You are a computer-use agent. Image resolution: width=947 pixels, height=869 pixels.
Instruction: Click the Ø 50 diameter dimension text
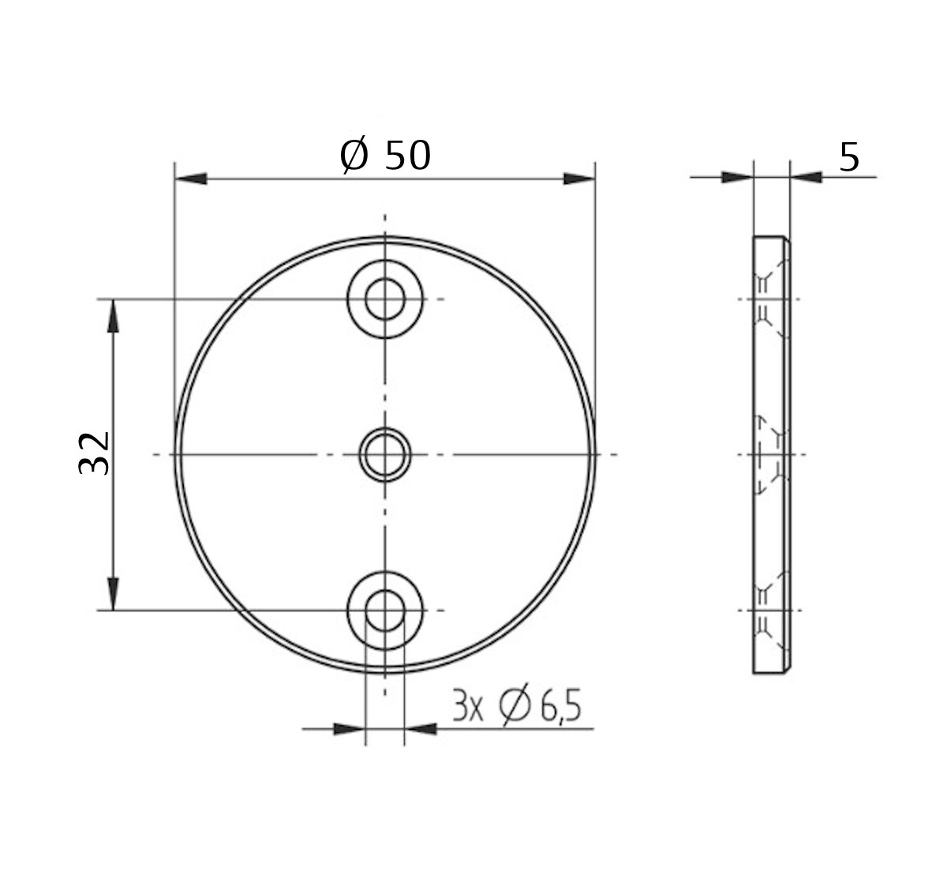pyautogui.click(x=385, y=156)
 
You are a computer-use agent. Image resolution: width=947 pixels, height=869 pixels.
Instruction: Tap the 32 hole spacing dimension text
pyautogui.click(x=95, y=453)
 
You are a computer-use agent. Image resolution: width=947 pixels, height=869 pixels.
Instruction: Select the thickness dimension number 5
pyautogui.click(x=848, y=158)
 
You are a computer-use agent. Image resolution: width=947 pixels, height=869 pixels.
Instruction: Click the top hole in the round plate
pyautogui.click(x=384, y=299)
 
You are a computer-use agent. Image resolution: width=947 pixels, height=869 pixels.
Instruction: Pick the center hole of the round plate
pyautogui.click(x=384, y=454)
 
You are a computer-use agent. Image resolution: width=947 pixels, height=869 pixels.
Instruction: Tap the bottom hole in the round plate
pyautogui.click(x=384, y=610)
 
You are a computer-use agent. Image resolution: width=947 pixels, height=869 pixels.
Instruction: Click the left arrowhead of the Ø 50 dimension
pyautogui.click(x=190, y=179)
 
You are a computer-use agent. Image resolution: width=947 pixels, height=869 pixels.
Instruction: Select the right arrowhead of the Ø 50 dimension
pyautogui.click(x=579, y=179)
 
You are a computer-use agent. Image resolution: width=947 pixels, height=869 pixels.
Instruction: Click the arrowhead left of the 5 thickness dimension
pyautogui.click(x=737, y=178)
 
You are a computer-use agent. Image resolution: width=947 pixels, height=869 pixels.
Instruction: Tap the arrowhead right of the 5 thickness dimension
pyautogui.click(x=806, y=178)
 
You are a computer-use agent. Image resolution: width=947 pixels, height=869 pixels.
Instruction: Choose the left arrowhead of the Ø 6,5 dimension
pyautogui.click(x=350, y=728)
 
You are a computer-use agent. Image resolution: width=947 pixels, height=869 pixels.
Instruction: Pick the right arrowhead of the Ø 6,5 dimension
pyautogui.click(x=421, y=728)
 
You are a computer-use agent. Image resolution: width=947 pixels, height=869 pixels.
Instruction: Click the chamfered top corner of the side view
pyautogui.click(x=786, y=240)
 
